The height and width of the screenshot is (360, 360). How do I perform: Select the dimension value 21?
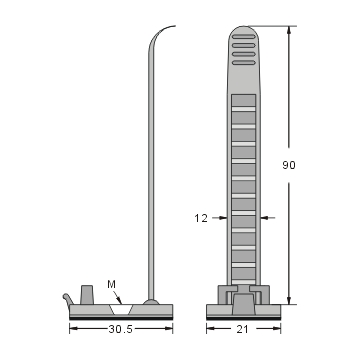241,327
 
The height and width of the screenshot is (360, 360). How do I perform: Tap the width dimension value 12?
200,215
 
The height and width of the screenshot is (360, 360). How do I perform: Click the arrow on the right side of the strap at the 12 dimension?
263,215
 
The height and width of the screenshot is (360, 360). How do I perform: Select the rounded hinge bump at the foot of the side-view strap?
151,299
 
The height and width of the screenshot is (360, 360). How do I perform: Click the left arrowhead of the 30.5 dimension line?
73,327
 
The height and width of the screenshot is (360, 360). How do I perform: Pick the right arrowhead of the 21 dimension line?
273,327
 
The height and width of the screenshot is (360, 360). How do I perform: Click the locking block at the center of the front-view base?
241,297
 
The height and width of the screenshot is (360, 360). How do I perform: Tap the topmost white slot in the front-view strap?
242,100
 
